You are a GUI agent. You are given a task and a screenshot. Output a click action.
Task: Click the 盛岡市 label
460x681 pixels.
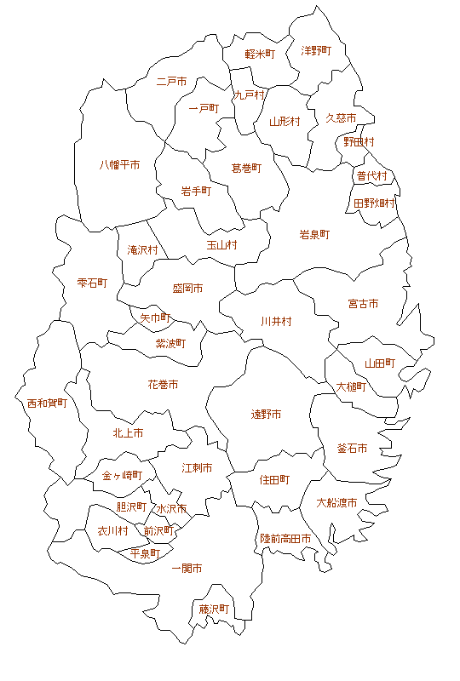(x=187, y=289)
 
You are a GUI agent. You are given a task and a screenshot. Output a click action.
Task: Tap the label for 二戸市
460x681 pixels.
(x=171, y=82)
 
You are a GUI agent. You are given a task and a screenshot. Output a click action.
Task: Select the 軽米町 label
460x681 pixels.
(x=260, y=54)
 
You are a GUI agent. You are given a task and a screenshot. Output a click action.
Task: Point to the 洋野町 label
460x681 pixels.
(x=316, y=51)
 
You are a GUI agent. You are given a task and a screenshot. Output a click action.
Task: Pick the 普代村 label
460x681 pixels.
(x=371, y=176)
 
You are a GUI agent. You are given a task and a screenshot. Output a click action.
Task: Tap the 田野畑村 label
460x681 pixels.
(x=375, y=203)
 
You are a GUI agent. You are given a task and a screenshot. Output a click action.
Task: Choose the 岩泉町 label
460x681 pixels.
(x=313, y=234)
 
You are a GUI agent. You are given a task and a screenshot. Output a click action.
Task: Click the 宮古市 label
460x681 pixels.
(x=363, y=303)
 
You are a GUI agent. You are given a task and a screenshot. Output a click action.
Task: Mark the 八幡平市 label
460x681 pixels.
(x=119, y=164)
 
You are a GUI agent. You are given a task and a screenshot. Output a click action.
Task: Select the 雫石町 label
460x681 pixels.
(x=92, y=282)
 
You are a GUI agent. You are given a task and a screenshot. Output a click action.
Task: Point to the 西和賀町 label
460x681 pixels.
(x=46, y=403)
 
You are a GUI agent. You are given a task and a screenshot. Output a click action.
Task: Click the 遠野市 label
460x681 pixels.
(x=266, y=415)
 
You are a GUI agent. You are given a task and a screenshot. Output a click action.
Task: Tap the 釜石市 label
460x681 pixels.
(x=352, y=449)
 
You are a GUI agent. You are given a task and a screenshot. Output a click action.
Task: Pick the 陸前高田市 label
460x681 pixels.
(x=285, y=539)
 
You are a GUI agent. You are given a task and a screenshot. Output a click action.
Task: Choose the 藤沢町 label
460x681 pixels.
(x=214, y=609)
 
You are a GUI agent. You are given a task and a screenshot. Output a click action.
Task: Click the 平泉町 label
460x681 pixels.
(x=145, y=553)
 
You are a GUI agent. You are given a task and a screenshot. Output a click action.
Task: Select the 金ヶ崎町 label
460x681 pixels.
(x=122, y=475)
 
